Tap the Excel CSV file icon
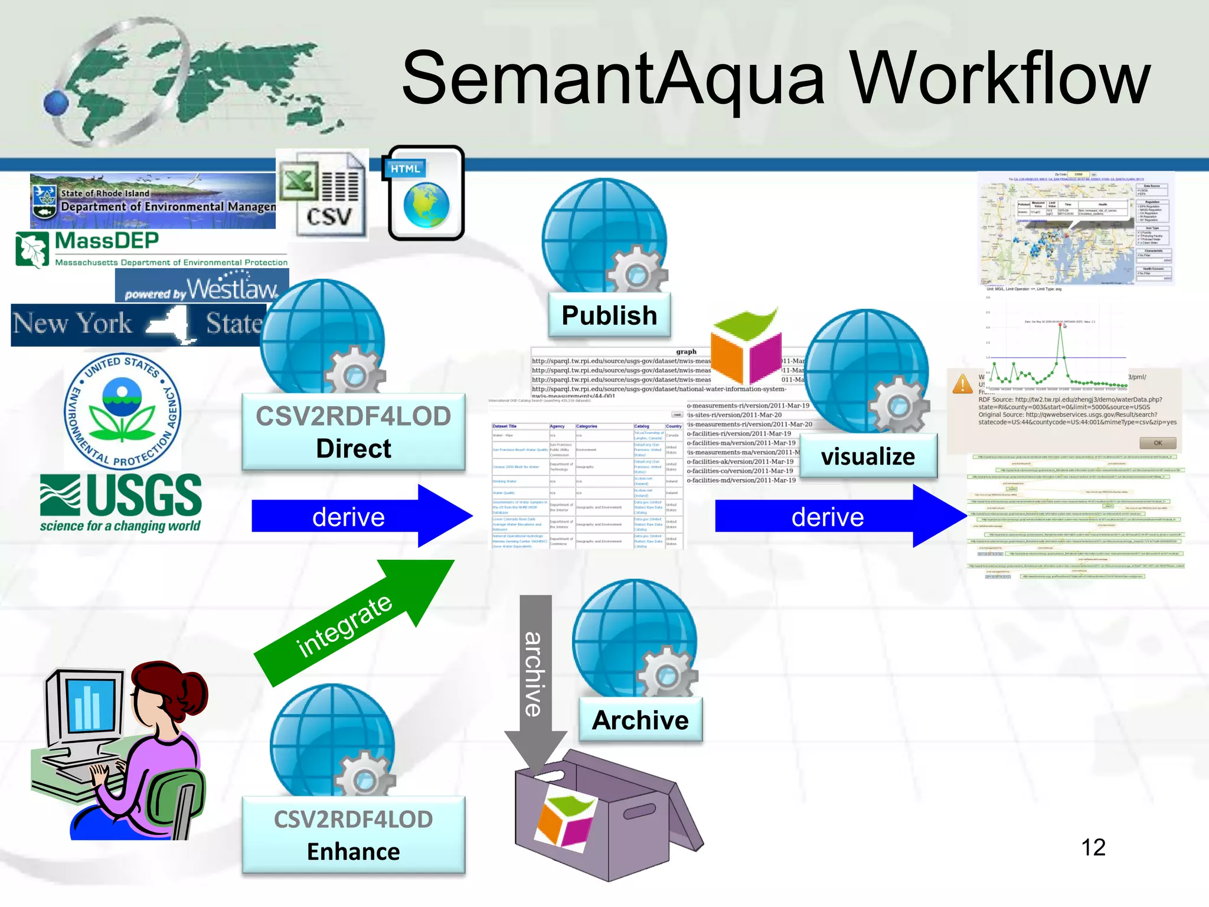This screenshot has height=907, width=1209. [x=322, y=195]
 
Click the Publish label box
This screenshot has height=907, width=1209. [x=609, y=315]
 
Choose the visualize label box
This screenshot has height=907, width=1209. [x=868, y=456]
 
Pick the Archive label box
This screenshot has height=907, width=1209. [x=641, y=720]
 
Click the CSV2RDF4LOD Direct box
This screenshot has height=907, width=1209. [x=354, y=432]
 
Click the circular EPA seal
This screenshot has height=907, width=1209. [x=122, y=412]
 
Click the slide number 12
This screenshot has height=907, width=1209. [x=1093, y=847]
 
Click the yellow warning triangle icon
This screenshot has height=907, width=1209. [x=962, y=384]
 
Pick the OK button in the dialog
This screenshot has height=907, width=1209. [x=1157, y=443]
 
